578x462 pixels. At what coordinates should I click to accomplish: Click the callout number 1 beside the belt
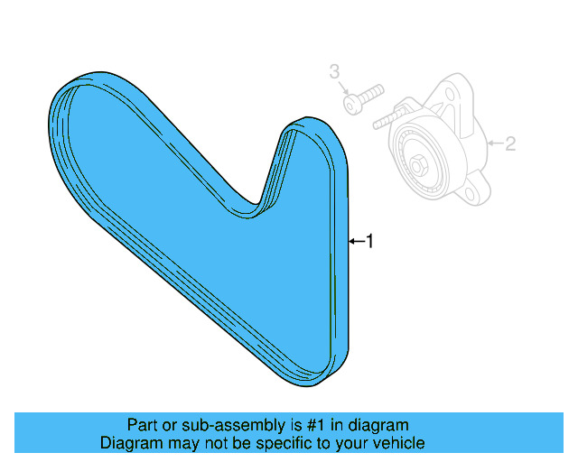tap(368, 241)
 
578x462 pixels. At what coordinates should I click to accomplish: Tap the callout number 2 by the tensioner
tap(509, 143)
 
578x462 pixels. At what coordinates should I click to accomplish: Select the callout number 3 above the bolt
tap(334, 69)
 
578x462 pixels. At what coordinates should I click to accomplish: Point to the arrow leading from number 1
tap(355, 241)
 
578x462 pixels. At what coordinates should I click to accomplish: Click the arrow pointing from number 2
tap(493, 143)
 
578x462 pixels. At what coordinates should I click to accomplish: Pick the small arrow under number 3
tap(343, 87)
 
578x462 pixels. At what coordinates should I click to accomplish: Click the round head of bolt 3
tap(353, 106)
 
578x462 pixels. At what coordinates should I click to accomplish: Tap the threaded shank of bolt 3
tap(373, 93)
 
